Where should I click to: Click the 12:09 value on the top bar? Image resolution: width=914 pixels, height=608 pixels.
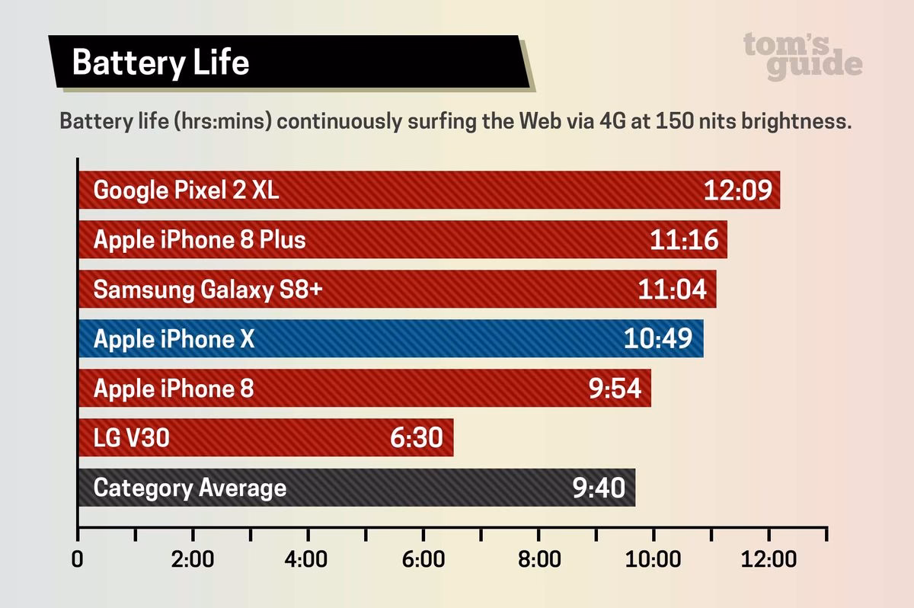(x=737, y=190)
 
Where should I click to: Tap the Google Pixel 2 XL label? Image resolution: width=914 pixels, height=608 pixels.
(x=186, y=190)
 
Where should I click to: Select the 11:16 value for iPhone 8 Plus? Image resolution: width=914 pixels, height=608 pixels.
(x=684, y=240)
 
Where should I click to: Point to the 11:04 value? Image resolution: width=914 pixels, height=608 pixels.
(x=672, y=290)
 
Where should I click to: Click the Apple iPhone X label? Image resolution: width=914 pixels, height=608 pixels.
(x=173, y=339)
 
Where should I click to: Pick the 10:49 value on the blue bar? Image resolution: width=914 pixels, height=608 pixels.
(x=659, y=339)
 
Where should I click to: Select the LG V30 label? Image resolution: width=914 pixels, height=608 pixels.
(x=130, y=438)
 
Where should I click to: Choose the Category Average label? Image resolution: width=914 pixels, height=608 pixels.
(x=190, y=488)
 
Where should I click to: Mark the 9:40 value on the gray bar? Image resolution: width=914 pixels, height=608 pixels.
(x=599, y=488)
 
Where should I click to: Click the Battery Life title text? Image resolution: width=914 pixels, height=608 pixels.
(x=161, y=62)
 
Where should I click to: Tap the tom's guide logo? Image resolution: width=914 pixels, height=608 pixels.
(x=803, y=56)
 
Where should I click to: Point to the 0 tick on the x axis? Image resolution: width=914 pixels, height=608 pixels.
(x=78, y=560)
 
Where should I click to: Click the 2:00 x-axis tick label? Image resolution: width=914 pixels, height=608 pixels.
(x=193, y=560)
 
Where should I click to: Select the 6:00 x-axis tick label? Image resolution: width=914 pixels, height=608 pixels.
(x=423, y=560)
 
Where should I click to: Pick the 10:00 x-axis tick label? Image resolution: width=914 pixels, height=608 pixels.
(x=654, y=560)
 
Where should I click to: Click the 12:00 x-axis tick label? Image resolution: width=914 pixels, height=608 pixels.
(x=769, y=560)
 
